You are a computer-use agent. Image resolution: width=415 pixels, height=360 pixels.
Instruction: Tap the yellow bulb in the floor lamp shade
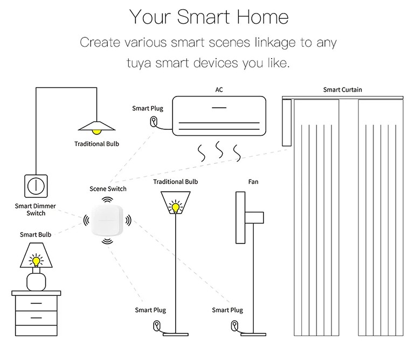pyautogui.click(x=175, y=206)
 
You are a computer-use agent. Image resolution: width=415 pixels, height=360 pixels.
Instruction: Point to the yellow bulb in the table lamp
pyautogui.click(x=36, y=261)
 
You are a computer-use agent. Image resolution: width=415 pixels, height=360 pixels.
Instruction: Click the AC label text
pyautogui.click(x=218, y=89)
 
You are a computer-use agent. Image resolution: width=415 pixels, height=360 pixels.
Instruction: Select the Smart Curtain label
pyautogui.click(x=342, y=89)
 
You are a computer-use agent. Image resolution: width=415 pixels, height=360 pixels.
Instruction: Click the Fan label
pyautogui.click(x=253, y=182)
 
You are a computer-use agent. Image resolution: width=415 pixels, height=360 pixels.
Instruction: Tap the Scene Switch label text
pyautogui.click(x=108, y=189)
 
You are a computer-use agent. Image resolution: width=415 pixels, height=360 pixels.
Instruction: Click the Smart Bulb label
pyautogui.click(x=36, y=234)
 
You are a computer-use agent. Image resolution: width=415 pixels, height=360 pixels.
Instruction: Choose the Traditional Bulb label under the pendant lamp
pyautogui.click(x=97, y=144)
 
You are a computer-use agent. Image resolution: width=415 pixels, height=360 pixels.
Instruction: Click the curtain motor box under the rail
pyautogui.click(x=286, y=123)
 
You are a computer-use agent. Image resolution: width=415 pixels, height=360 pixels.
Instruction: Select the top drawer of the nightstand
pyautogui.click(x=36, y=305)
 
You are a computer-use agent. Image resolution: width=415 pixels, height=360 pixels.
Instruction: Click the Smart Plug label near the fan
pyautogui.click(x=227, y=310)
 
